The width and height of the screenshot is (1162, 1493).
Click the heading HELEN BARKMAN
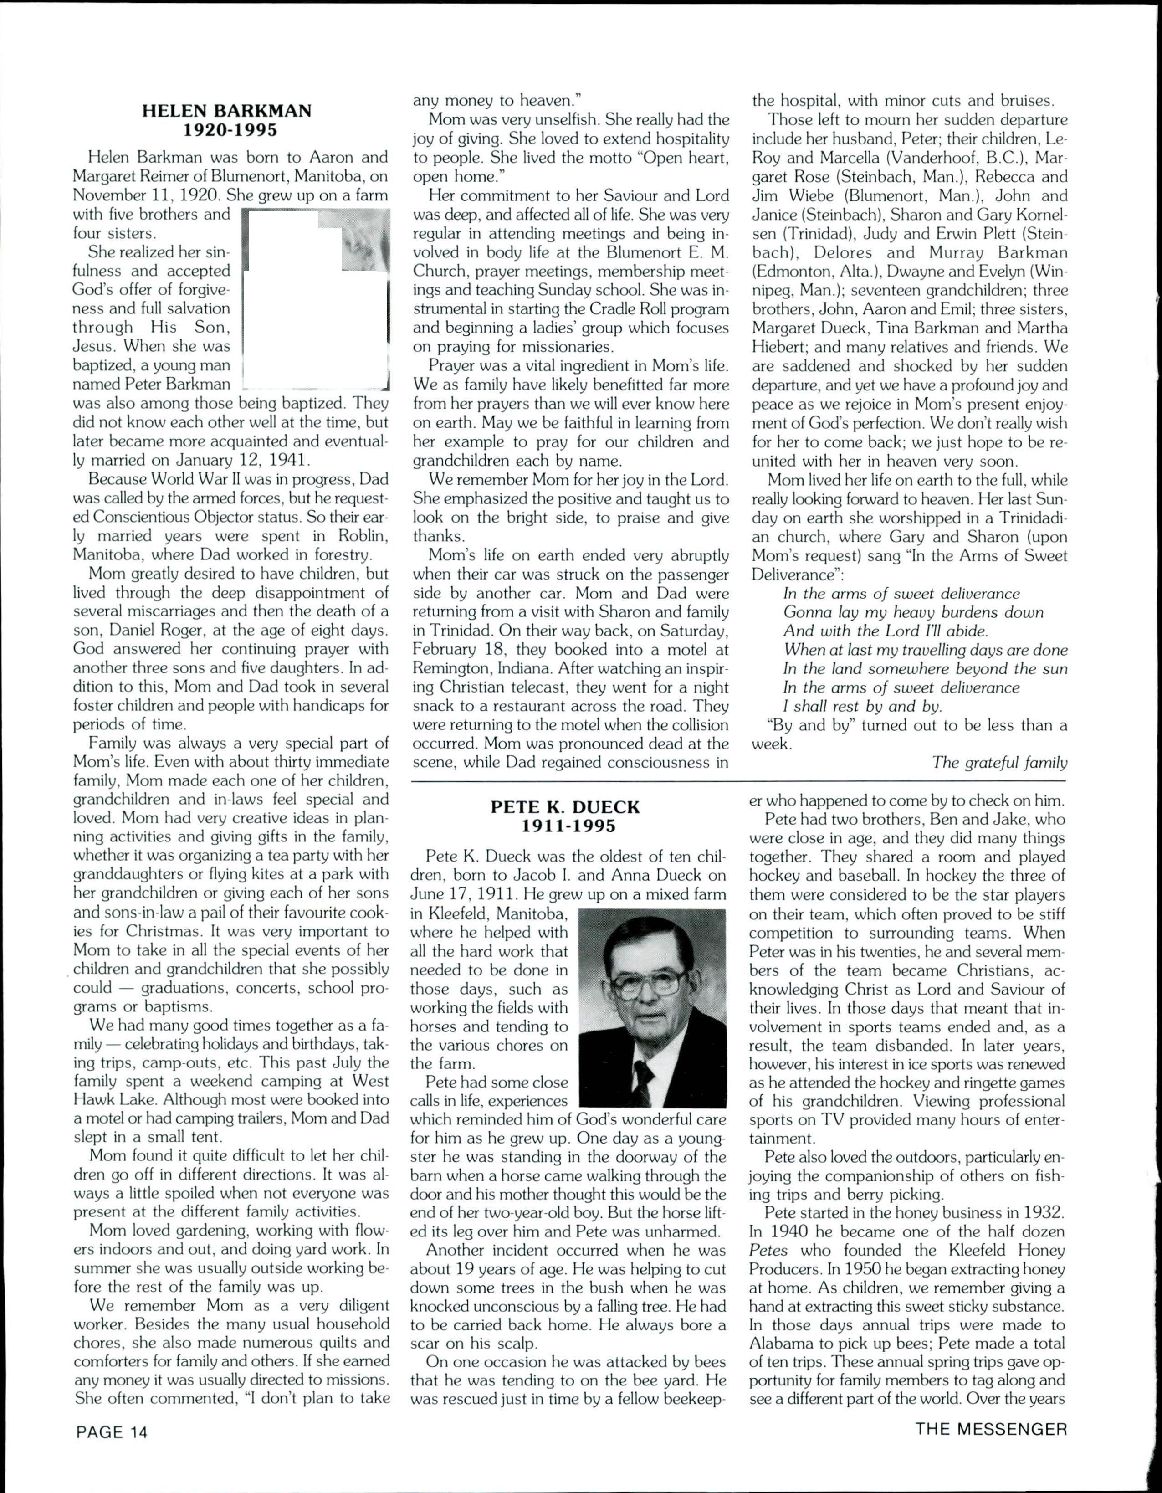[227, 111]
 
